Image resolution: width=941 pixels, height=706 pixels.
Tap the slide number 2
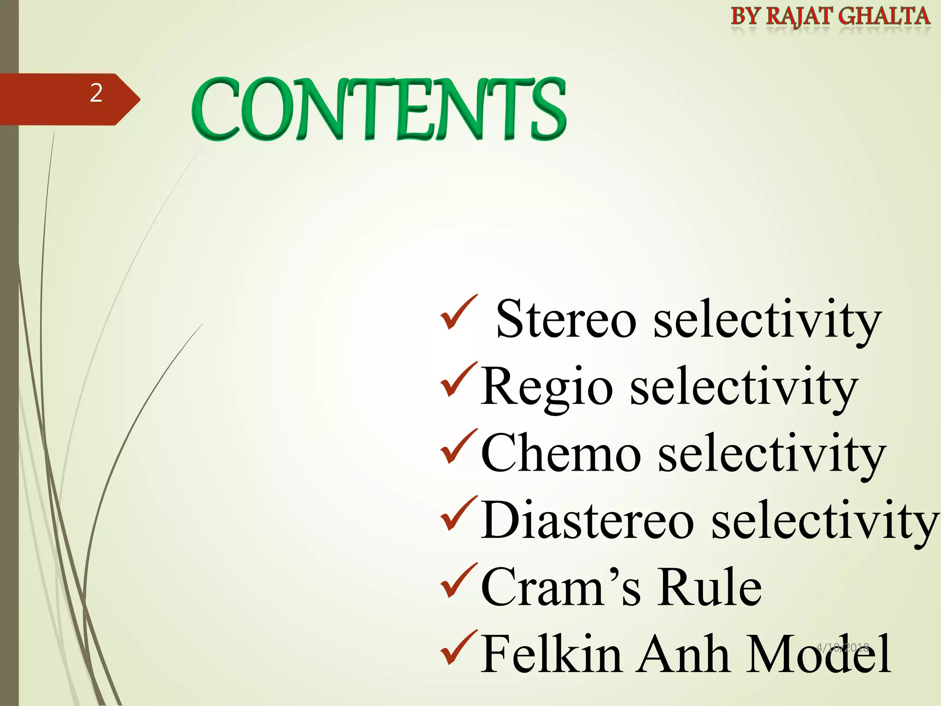tap(96, 93)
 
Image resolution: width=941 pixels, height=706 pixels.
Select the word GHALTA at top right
tap(884, 17)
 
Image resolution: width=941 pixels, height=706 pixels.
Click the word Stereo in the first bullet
tap(566, 319)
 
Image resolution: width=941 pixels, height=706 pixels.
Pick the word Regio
tap(547, 387)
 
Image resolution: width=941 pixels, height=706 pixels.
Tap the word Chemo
tap(561, 454)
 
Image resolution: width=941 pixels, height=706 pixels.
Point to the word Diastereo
tap(587, 521)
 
